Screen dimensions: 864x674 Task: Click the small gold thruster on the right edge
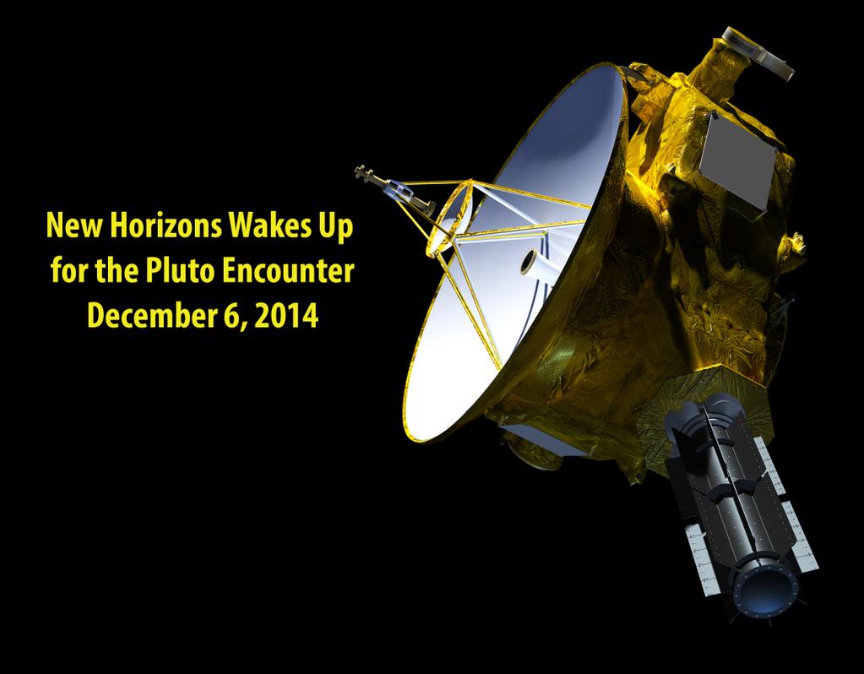pos(796,243)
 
